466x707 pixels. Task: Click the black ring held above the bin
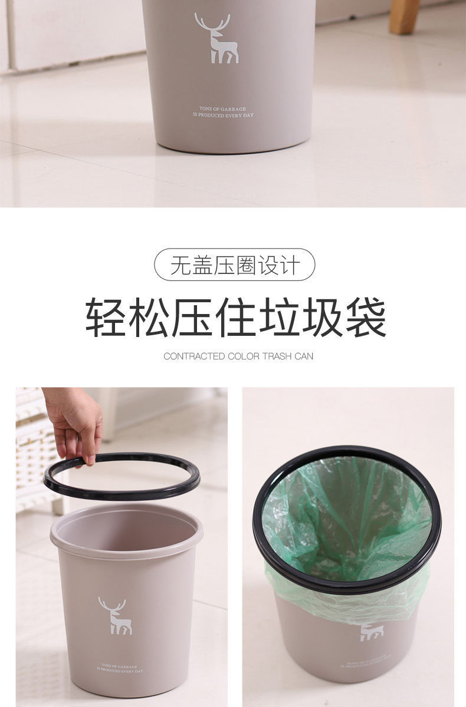pyautogui.click(x=122, y=494)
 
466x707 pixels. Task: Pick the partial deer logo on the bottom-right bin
pyautogui.click(x=372, y=632)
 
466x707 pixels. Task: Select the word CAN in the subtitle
pyautogui.click(x=306, y=356)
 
